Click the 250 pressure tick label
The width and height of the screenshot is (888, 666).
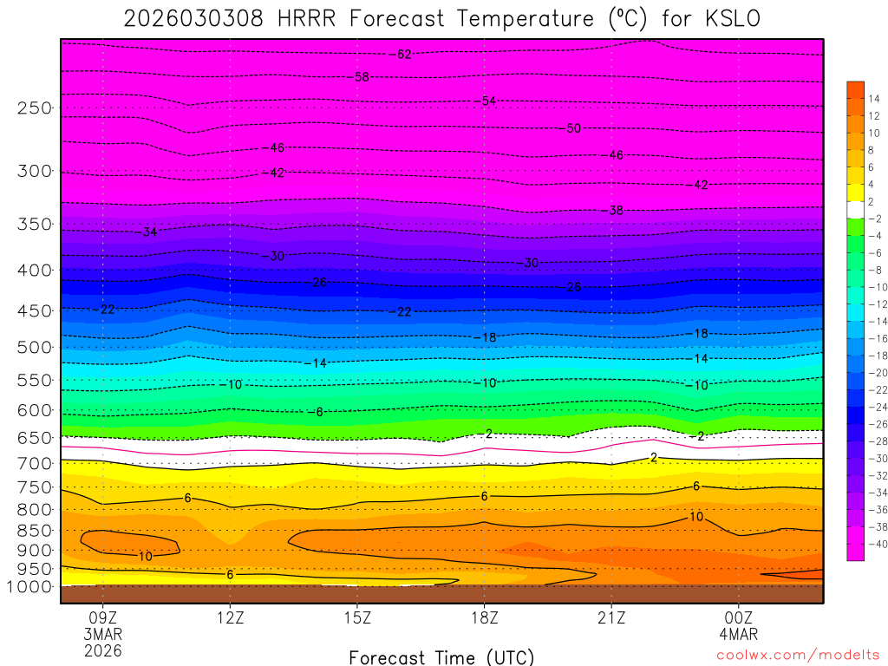[35, 108]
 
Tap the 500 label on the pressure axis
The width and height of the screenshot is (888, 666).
[35, 347]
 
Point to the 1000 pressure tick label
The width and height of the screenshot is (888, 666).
[31, 586]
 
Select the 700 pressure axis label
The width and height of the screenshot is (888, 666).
[35, 463]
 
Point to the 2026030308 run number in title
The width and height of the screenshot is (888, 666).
[193, 18]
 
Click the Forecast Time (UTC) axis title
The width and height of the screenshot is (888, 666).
[441, 656]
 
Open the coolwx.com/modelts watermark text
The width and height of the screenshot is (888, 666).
[796, 656]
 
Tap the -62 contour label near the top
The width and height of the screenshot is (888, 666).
[402, 55]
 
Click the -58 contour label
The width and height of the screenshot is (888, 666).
[360, 77]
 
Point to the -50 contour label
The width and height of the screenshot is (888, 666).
[571, 128]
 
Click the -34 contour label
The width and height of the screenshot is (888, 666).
[147, 232]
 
